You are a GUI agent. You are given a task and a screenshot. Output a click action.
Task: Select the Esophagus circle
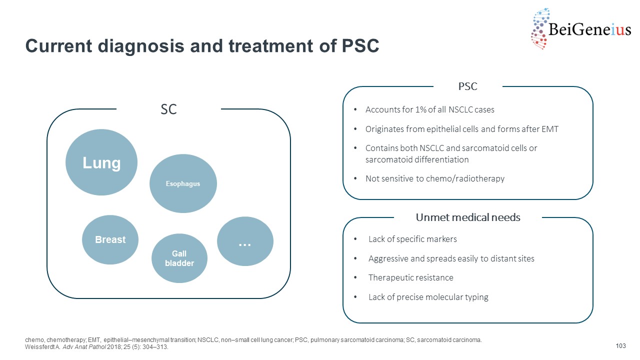[183, 183]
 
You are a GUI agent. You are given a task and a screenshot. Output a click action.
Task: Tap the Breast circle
[110, 240]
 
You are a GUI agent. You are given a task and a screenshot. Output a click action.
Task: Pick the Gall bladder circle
[179, 258]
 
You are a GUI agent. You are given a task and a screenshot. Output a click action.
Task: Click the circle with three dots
[245, 241]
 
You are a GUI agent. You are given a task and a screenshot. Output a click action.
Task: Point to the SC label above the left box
[168, 109]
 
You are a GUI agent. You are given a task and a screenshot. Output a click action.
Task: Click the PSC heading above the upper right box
[467, 86]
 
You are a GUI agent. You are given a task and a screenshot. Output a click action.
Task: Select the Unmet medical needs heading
[468, 217]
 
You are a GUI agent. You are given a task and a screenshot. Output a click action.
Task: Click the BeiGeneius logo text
[589, 30]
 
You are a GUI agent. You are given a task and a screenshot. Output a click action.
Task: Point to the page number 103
[621, 346]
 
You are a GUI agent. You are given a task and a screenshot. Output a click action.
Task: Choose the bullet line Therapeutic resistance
[410, 278]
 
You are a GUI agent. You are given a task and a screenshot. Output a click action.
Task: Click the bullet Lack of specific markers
[412, 239]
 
